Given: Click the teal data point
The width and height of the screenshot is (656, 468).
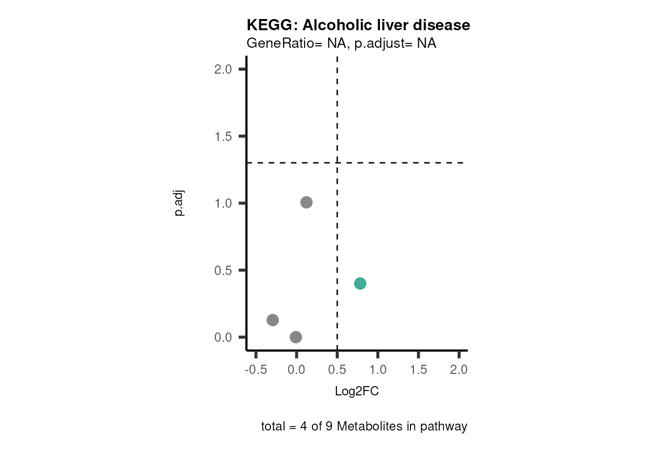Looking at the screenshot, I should pyautogui.click(x=360, y=283).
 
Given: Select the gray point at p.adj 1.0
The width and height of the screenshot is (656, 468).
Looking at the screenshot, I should pyautogui.click(x=306, y=202).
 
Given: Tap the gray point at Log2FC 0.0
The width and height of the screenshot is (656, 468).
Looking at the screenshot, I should pyautogui.click(x=296, y=337).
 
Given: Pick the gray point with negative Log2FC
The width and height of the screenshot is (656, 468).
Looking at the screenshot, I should pyautogui.click(x=273, y=320).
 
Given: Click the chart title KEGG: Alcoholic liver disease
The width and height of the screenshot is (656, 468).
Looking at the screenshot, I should pyautogui.click(x=358, y=25).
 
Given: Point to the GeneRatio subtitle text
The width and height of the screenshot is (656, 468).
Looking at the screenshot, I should pyautogui.click(x=341, y=43).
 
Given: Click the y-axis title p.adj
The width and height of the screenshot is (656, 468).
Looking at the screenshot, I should pyautogui.click(x=179, y=203).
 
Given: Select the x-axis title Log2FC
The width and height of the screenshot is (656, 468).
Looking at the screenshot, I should pyautogui.click(x=357, y=391).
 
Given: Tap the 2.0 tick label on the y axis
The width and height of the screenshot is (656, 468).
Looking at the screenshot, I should pyautogui.click(x=223, y=69).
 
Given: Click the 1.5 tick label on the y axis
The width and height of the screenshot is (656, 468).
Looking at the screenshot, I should pyautogui.click(x=223, y=136).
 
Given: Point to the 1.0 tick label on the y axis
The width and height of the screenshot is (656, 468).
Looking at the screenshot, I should pyautogui.click(x=223, y=203).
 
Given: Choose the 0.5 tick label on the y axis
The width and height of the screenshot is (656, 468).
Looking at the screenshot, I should pyautogui.click(x=223, y=271).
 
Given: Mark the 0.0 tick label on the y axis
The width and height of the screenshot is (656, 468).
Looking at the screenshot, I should pyautogui.click(x=223, y=337).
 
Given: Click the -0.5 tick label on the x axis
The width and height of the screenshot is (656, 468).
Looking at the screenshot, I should pyautogui.click(x=256, y=370).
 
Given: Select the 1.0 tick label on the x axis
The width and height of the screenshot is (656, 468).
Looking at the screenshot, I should pyautogui.click(x=378, y=370).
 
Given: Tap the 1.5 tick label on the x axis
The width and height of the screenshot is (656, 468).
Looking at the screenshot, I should pyautogui.click(x=418, y=370).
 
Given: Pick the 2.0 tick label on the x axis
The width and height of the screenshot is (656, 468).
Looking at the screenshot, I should pyautogui.click(x=459, y=370).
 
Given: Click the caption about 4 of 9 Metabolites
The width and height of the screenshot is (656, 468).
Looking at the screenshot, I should pyautogui.click(x=364, y=427).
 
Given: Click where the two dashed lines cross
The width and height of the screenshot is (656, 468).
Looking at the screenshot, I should pyautogui.click(x=337, y=162).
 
